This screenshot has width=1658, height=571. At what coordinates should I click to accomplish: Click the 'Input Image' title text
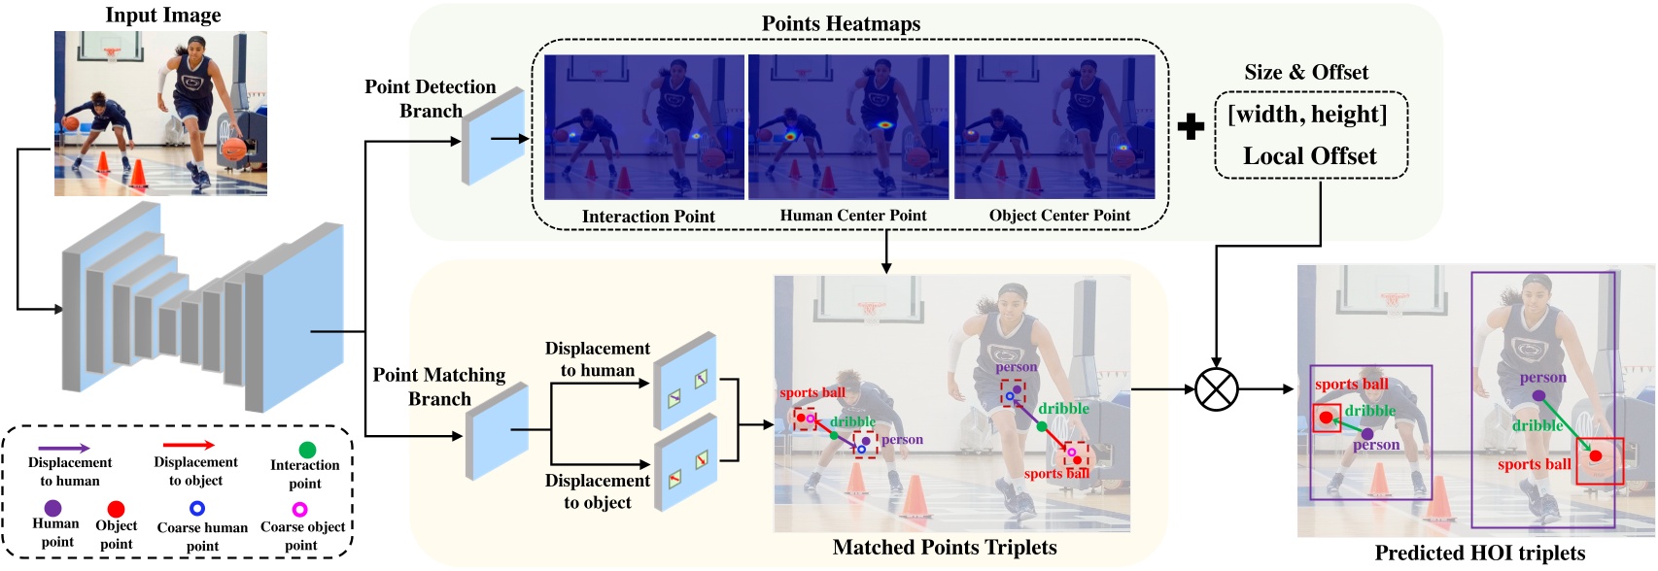162,15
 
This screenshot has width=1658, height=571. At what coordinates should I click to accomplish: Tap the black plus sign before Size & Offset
1191,127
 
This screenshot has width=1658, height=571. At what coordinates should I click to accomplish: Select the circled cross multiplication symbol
1216,389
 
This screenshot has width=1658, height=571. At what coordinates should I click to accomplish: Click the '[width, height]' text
1307,115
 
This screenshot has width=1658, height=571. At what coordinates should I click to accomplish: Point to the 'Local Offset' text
1309,156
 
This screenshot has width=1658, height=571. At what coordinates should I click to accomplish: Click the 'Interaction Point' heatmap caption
648,217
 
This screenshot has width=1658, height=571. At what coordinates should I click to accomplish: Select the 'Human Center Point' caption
853,216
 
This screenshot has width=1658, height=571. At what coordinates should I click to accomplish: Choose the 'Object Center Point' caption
1059,216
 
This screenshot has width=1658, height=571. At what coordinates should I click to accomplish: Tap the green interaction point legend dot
307,450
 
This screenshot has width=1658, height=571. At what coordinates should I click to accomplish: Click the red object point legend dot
116,509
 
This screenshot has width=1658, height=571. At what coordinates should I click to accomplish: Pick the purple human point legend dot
53,508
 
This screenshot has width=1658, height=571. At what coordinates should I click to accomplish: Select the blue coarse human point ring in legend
197,508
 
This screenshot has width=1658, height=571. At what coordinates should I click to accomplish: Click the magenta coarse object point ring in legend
300,508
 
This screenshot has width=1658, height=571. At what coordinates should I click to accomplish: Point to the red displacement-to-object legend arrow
189,446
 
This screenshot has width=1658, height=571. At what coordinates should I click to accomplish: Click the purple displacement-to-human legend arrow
66,448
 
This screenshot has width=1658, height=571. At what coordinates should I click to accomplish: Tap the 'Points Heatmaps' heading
841,23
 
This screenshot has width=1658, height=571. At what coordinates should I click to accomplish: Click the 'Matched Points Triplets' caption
944,548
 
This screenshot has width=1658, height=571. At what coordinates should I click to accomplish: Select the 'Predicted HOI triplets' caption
1479,554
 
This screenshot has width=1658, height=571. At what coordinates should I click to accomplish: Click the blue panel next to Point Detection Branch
494,137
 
